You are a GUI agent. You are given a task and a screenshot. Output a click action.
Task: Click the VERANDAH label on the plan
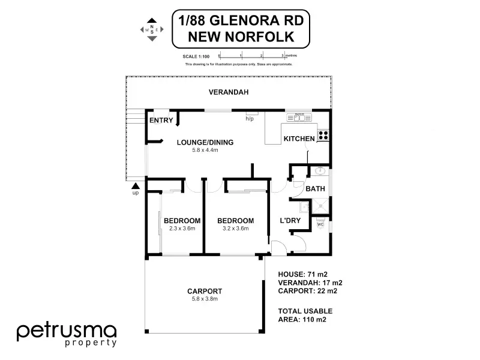click(228, 93)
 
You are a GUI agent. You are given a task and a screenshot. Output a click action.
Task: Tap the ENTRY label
click(161, 121)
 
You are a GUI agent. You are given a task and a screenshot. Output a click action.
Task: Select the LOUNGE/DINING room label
click(205, 142)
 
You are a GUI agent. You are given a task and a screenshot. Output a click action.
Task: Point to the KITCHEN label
click(299, 139)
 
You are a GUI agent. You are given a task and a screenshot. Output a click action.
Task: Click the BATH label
click(315, 189)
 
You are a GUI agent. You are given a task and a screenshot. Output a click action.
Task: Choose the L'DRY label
click(290, 221)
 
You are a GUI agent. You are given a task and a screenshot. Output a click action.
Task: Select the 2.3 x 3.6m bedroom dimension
click(182, 229)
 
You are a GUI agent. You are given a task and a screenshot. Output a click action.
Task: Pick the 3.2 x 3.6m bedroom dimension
click(236, 229)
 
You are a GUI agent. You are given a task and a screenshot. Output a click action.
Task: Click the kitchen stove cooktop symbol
click(323, 136)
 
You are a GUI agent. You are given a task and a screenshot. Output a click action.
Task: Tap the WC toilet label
click(320, 225)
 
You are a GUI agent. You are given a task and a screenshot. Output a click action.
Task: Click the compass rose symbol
click(152, 29)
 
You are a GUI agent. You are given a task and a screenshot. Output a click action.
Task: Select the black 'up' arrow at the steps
click(136, 185)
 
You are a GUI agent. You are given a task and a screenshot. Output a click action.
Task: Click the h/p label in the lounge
click(250, 119)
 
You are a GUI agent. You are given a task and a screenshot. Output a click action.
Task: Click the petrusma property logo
click(66, 334)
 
